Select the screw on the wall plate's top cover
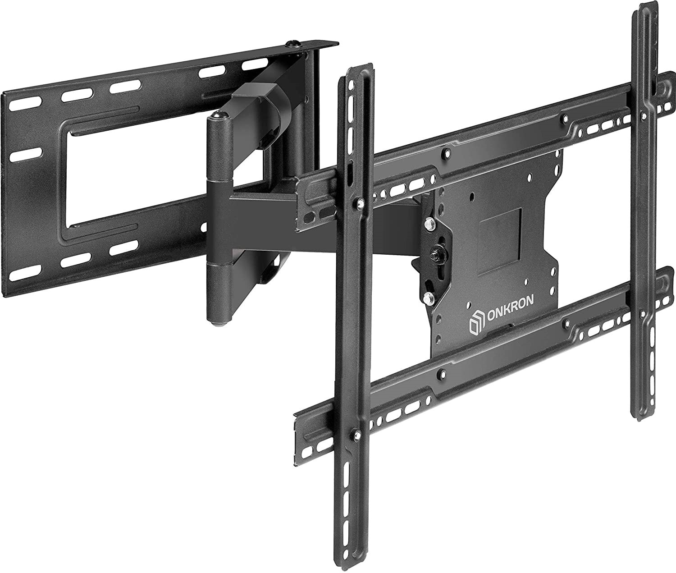(293, 43)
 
